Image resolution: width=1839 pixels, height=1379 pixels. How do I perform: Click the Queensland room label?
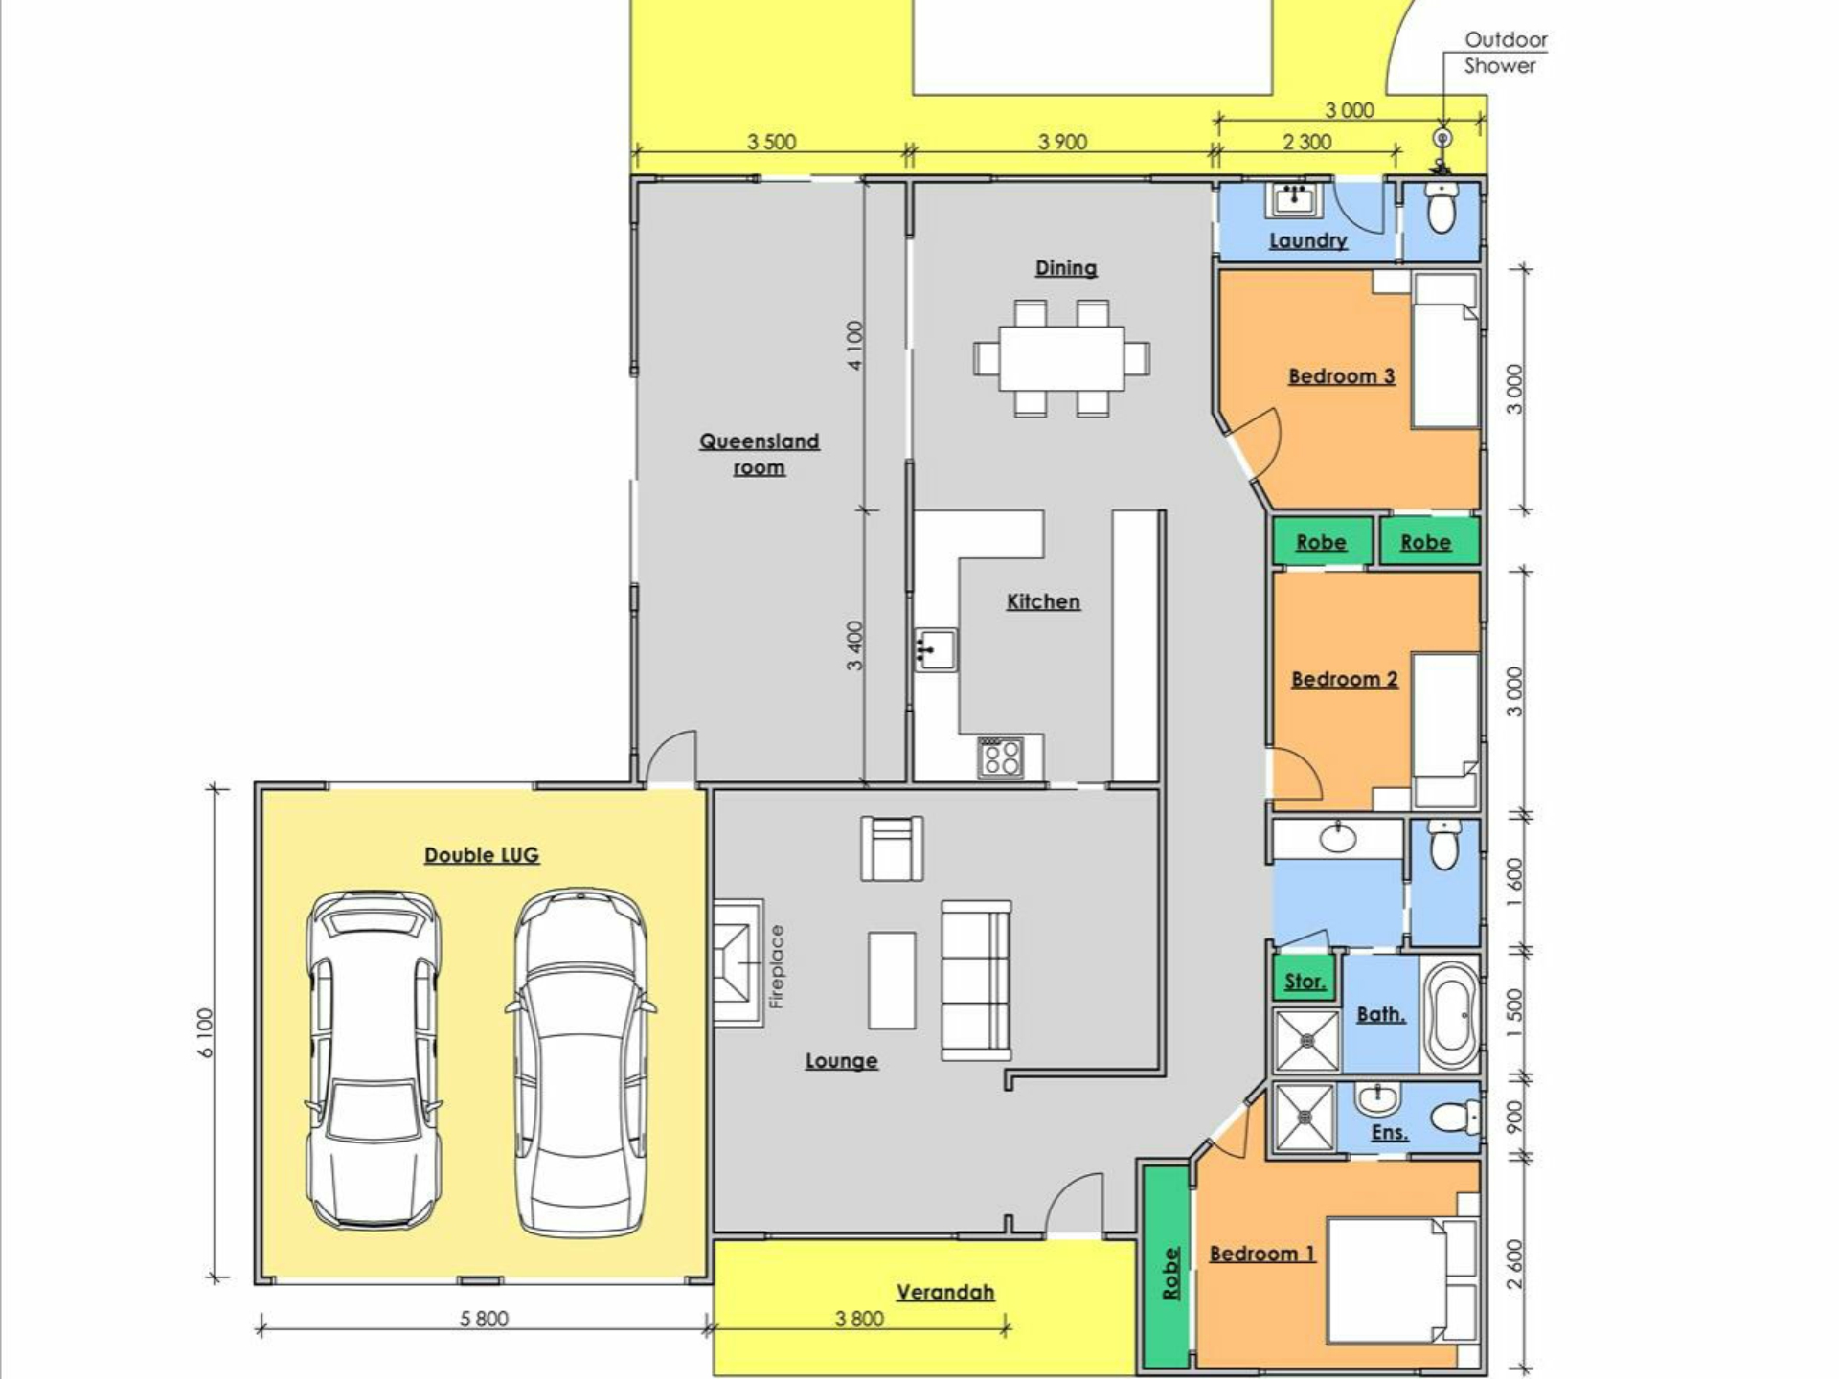click(759, 454)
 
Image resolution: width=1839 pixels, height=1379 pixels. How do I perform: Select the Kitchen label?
click(1043, 601)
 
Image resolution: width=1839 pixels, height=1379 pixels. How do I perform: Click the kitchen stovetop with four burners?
click(1001, 757)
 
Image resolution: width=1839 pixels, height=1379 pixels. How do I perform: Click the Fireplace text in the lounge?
click(777, 966)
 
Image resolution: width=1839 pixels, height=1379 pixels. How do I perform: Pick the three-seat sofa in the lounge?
click(976, 980)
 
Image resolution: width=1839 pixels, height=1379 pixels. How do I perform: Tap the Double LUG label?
click(482, 855)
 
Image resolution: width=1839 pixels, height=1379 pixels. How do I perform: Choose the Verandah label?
click(945, 1292)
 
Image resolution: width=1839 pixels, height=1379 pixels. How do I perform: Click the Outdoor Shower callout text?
click(1505, 53)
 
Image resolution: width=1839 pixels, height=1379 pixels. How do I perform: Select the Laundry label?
click(1308, 240)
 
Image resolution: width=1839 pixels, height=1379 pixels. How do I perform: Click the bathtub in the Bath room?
click(1450, 1015)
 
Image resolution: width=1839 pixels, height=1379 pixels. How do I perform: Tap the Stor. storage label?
click(1305, 982)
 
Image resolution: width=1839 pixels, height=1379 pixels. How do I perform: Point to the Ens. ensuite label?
click(1389, 1132)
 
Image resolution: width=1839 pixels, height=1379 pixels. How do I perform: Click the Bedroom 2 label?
click(1345, 679)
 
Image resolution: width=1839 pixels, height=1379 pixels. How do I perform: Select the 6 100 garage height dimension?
click(207, 1033)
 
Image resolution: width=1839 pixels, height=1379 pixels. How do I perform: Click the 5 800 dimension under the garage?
click(485, 1319)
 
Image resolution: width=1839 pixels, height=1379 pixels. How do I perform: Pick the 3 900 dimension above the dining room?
click(1062, 142)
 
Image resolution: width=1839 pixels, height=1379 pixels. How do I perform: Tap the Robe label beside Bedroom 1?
click(1169, 1273)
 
